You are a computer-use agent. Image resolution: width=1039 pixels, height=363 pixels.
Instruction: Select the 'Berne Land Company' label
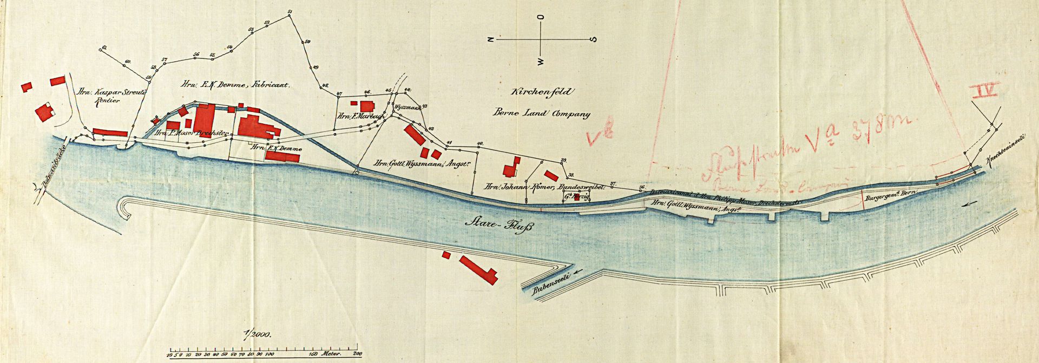[541, 114]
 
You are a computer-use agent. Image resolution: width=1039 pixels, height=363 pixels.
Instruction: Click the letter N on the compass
[490, 39]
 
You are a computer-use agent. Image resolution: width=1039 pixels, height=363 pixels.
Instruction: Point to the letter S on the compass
[594, 39]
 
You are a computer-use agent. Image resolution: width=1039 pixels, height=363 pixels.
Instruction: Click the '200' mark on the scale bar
[356, 354]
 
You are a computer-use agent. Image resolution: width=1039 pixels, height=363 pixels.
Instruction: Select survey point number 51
[290, 12]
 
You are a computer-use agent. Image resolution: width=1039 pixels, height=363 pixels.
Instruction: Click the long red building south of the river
[478, 269]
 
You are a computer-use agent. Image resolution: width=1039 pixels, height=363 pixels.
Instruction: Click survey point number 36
[641, 188]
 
